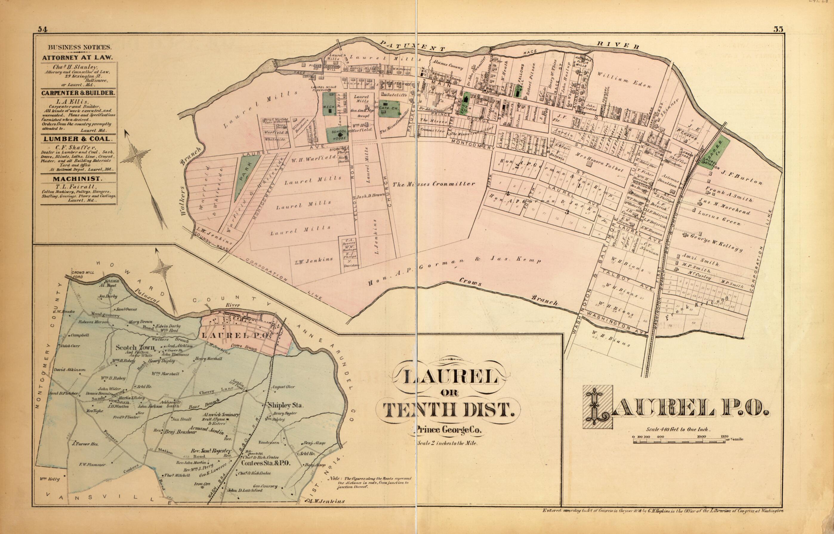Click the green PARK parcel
click(246, 177)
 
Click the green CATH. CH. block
click(389, 109)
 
